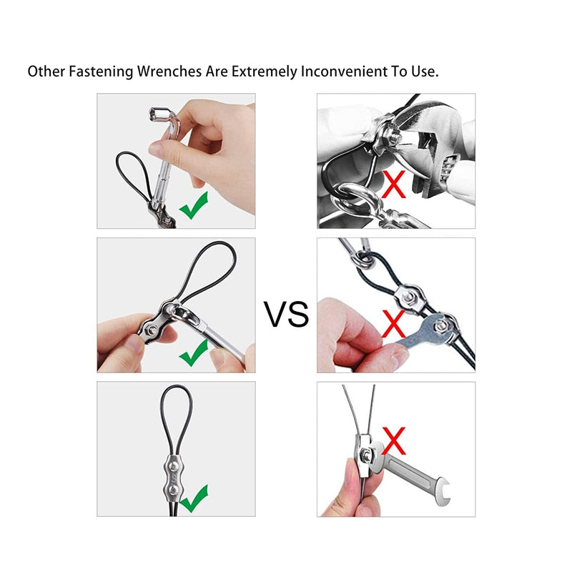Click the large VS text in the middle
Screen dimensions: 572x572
click(286, 314)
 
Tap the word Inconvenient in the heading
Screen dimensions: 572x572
click(342, 72)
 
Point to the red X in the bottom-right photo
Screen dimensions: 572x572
click(394, 441)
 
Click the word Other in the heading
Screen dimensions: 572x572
click(44, 72)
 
